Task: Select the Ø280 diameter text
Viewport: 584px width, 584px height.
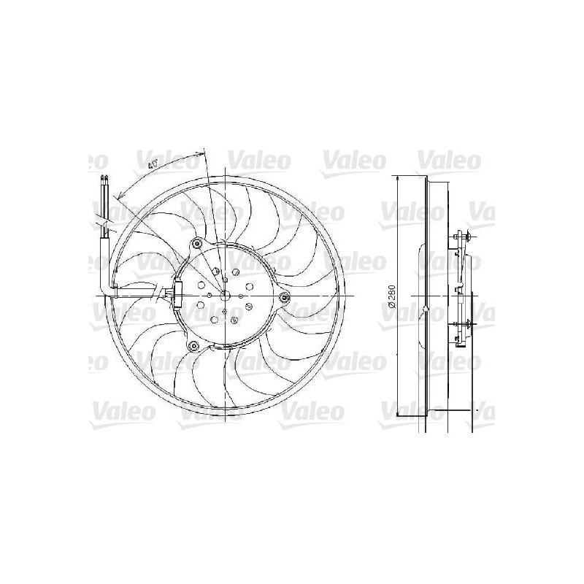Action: click(x=392, y=296)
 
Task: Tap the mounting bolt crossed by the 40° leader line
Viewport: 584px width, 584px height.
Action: click(x=196, y=243)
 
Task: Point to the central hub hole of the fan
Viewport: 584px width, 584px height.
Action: click(x=226, y=296)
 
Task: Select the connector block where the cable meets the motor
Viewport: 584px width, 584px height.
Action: click(x=173, y=295)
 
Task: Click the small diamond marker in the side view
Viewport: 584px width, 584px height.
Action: click(x=425, y=312)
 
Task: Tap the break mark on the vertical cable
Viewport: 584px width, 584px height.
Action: click(x=105, y=219)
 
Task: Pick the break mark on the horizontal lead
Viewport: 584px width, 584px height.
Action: click(x=160, y=296)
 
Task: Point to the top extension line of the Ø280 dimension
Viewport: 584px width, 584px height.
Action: click(x=409, y=175)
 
